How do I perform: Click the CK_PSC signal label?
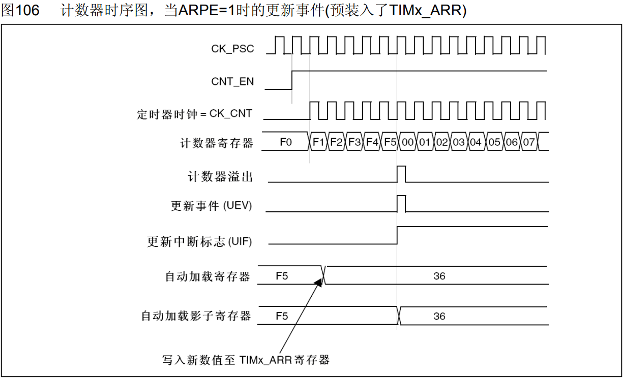pos(232,49)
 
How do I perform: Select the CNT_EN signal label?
pos(232,81)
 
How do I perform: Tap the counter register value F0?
pos(286,142)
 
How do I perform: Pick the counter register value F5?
pos(390,142)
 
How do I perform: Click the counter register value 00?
pos(407,142)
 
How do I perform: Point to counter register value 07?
pos(529,142)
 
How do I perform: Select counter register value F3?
pos(354,142)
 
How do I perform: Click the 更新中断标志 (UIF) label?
pos(199,242)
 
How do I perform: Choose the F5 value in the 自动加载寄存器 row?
pos(282,276)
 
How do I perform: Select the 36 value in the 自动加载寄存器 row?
pos(439,276)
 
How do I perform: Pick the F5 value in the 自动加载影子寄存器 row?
pos(282,316)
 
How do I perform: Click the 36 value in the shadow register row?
pos(439,316)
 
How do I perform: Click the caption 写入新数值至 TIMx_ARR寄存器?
pos(246,360)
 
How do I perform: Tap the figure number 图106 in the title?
pos(20,11)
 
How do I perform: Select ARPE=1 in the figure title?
pos(207,11)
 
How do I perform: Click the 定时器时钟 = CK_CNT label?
pos(194,114)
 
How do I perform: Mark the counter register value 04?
pos(476,142)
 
